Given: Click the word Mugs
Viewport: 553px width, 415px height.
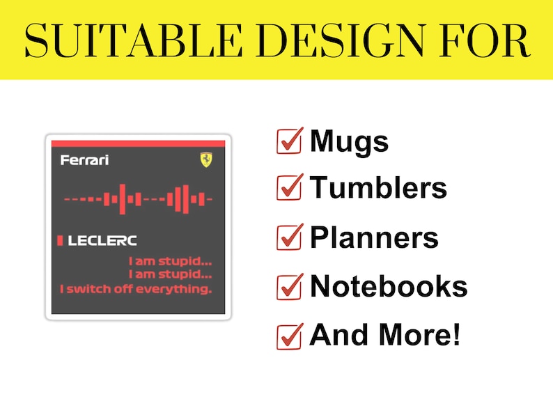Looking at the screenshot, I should coord(349,142).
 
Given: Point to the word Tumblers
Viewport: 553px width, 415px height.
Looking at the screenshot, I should coord(378,188).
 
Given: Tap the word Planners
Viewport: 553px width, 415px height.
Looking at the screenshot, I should coord(374,238).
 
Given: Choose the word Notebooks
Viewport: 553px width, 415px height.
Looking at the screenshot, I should coord(388,286).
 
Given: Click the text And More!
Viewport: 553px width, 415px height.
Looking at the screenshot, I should coord(384,335).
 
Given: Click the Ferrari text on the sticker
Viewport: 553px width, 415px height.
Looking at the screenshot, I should coord(84,161).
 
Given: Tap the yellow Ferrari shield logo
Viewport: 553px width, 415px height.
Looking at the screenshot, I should coord(205,160).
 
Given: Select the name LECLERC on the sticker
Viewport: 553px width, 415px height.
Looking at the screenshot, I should coord(102,241).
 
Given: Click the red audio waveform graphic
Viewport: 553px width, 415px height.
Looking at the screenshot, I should coord(138,199).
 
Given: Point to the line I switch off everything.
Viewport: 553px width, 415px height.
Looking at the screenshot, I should coord(136,288).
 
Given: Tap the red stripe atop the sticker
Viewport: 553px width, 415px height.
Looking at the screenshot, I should coord(139,143).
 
